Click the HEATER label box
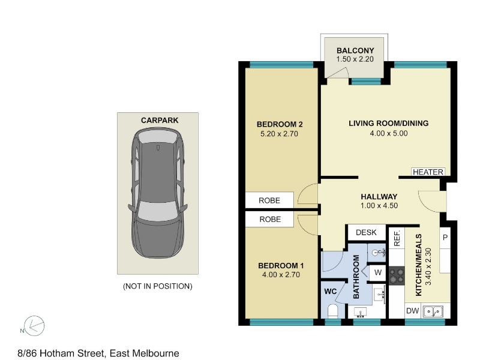point(428,172)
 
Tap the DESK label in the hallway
point(366,232)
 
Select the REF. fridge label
point(397,239)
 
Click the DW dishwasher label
point(412,311)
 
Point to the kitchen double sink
point(433,312)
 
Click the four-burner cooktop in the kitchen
point(397,276)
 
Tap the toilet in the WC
point(332,311)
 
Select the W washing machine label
point(378,272)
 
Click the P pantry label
point(445,238)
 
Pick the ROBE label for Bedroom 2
point(269,200)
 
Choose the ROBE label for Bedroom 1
point(270,219)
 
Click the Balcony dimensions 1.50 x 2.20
point(355,59)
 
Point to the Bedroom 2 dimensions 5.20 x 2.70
point(279,134)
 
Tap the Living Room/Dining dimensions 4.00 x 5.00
point(389,133)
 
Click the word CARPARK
point(160,121)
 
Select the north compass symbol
point(34,326)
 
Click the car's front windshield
point(157,211)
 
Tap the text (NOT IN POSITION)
point(158,286)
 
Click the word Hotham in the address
point(57,353)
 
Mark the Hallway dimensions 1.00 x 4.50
point(379,206)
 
